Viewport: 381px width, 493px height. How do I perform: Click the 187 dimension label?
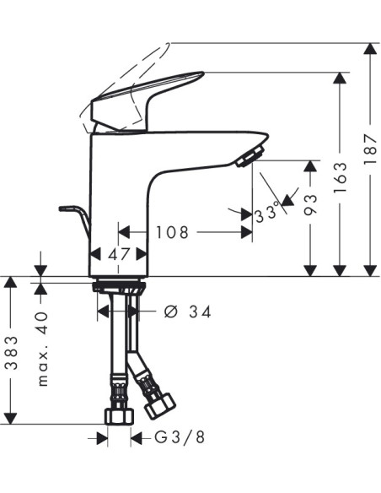(370, 149)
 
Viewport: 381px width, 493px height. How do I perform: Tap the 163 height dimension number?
(341, 177)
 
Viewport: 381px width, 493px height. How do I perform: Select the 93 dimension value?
(311, 204)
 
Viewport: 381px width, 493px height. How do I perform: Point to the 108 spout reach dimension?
(172, 232)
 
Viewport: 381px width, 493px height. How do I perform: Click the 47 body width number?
(119, 254)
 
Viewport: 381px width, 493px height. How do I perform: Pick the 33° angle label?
(266, 214)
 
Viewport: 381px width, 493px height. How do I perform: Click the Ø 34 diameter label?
(188, 312)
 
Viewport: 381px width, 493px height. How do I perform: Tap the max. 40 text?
(42, 349)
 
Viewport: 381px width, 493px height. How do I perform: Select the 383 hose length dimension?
(12, 353)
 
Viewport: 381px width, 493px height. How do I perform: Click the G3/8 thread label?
(180, 437)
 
